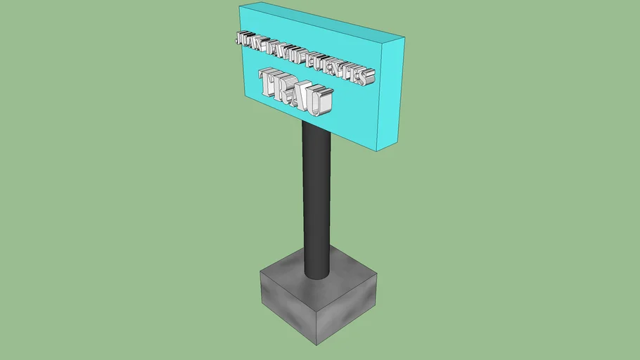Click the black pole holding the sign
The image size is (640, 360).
click(x=316, y=197)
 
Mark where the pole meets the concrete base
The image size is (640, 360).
click(x=316, y=276)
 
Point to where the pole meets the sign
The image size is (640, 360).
click(x=316, y=127)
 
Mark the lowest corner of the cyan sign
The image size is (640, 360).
click(x=380, y=149)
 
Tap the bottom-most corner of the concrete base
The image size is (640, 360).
click(x=318, y=345)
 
